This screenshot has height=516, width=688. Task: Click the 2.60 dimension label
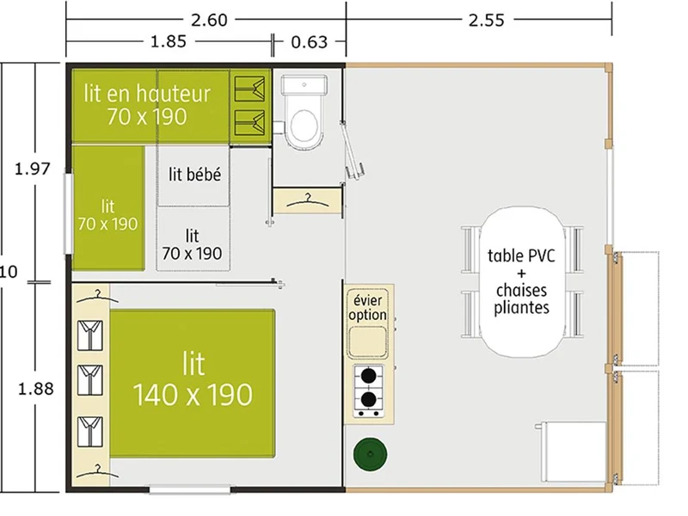coord(209,20)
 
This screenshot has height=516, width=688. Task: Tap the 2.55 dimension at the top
coord(486,20)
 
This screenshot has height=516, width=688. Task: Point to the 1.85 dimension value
coord(169,41)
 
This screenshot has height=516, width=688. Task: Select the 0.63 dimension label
coord(310,42)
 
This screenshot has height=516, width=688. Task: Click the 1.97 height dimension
coord(33,169)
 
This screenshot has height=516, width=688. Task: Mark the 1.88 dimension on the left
coord(35,389)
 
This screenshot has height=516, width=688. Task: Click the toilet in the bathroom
coord(304,112)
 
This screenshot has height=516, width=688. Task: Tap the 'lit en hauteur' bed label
coord(147,94)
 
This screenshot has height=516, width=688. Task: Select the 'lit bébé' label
coord(195,175)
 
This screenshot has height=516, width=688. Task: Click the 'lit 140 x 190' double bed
coord(193,384)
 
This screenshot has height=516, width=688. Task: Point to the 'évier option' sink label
coord(368,308)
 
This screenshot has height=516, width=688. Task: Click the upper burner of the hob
coord(369,376)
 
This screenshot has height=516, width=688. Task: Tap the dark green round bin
coord(371,454)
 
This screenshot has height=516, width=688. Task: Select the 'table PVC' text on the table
coord(521,255)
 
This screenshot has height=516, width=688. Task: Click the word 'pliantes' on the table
coord(521,308)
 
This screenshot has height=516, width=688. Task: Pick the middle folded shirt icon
coord(90,380)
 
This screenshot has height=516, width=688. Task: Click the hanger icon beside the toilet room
coord(307,200)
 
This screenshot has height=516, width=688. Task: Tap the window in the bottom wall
coord(190,488)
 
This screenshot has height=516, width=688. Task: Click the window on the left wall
coord(69,213)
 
